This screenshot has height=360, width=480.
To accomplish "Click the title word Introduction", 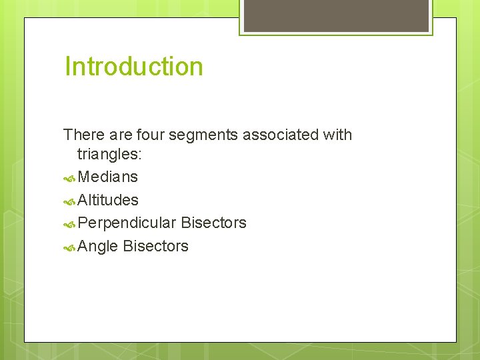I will (x=134, y=67).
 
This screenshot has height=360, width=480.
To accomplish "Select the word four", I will (x=150, y=135).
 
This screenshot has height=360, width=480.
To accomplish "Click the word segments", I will (x=203, y=135).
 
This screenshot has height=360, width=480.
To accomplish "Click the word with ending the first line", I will (x=337, y=135).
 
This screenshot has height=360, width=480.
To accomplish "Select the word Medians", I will (x=108, y=177).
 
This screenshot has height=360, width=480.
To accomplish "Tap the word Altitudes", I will (x=108, y=200).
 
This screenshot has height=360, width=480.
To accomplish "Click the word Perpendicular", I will (x=127, y=223).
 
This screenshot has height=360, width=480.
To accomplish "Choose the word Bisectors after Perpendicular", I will (x=213, y=223).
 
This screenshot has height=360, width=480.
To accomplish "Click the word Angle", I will (x=98, y=246).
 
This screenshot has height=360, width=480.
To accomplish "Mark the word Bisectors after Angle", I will (x=155, y=246).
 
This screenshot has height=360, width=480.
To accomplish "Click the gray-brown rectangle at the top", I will (x=335, y=15).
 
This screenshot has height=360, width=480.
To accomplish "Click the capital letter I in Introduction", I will (x=67, y=67).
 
